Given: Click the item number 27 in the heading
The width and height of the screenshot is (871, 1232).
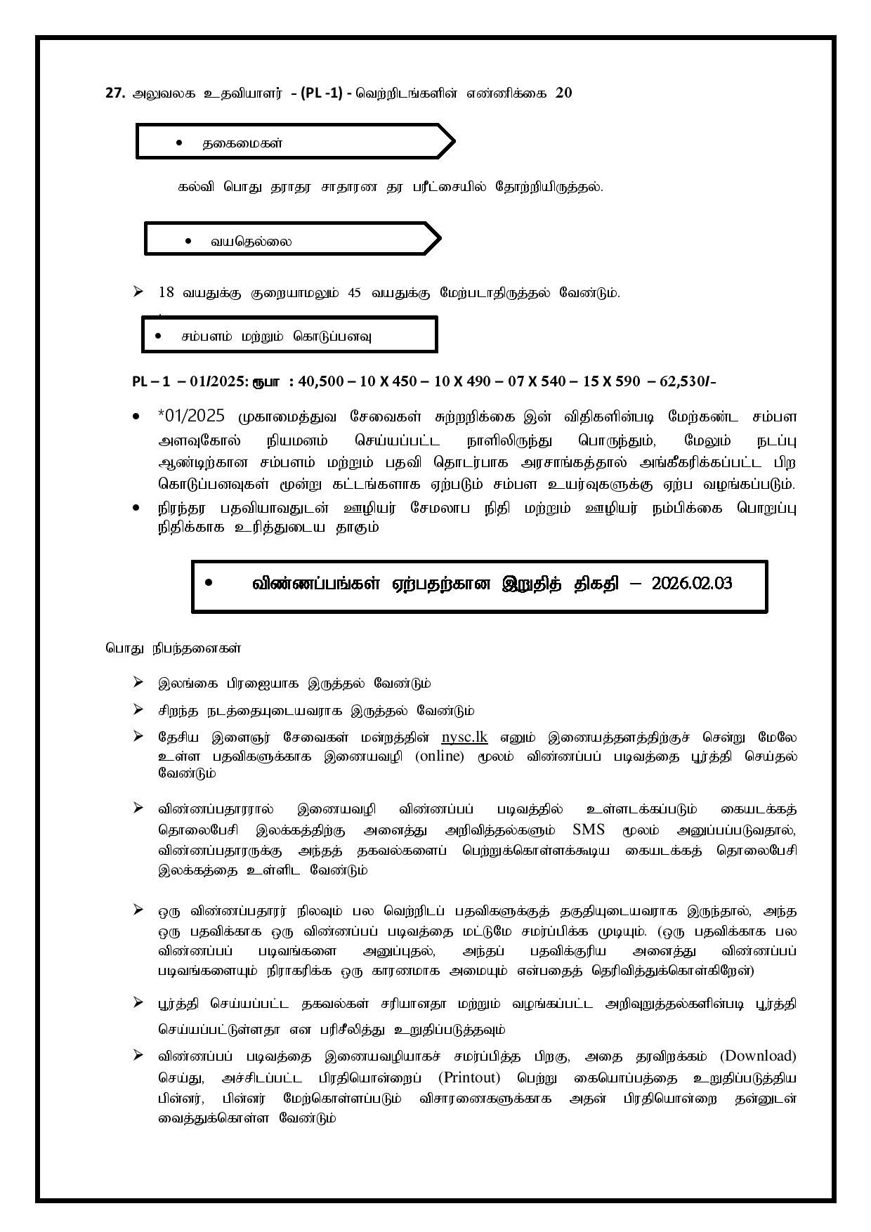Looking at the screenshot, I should [114, 93].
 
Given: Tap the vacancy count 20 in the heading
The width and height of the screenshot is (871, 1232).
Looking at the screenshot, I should [563, 92].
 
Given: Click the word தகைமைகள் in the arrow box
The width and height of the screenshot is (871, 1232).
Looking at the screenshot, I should [242, 143].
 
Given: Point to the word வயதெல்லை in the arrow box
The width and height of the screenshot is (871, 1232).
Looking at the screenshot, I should [251, 242].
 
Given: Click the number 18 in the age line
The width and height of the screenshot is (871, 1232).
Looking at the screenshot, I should [166, 292].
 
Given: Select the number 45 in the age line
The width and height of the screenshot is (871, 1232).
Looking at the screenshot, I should [356, 292].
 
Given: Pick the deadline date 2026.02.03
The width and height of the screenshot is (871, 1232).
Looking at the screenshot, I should [691, 584].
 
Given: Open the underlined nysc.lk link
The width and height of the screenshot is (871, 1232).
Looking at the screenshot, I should [464, 737].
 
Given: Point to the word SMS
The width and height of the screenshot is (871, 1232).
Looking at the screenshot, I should [589, 829].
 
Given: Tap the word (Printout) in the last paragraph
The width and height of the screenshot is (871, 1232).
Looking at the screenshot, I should [469, 1077].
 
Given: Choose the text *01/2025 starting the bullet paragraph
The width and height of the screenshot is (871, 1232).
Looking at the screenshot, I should [192, 416].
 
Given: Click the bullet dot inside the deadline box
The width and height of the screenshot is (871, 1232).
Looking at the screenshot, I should [209, 583].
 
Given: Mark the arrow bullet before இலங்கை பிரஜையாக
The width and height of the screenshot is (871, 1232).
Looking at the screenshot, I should [138, 681].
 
